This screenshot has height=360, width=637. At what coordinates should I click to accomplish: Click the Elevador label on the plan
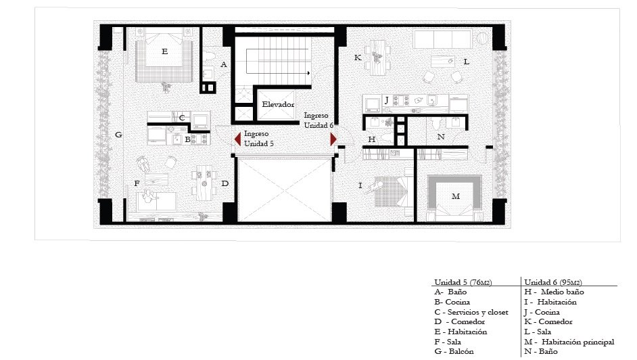[x=278, y=104]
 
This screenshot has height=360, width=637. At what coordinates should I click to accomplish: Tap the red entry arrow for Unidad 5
[x=237, y=139]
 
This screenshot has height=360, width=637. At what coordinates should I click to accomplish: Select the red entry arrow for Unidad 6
[x=333, y=139]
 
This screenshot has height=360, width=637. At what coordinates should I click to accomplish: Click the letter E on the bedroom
[x=164, y=51]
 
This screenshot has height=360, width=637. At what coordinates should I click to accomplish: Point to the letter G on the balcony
[x=118, y=135]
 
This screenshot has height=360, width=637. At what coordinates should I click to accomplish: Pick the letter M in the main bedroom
[x=455, y=196]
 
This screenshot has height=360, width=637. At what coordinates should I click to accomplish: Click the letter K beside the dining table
[x=358, y=58]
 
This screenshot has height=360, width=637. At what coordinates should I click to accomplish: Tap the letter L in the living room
[x=467, y=62]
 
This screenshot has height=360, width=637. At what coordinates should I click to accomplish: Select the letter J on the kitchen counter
[x=387, y=99]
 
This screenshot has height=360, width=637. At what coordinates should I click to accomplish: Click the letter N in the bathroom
[x=441, y=137]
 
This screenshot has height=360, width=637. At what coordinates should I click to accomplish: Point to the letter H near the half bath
[x=371, y=139]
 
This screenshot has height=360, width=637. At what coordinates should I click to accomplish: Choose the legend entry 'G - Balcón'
[x=454, y=351]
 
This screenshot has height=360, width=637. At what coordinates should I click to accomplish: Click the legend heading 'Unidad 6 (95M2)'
[x=553, y=282]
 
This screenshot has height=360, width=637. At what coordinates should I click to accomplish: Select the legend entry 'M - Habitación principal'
[x=569, y=342]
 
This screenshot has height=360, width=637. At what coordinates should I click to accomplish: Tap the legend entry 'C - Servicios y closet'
[x=471, y=312]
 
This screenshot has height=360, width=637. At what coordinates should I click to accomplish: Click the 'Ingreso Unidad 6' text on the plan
[x=318, y=120]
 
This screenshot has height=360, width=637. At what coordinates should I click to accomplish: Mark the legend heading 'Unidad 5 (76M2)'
[x=463, y=282]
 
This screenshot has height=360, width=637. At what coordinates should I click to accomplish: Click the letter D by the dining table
[x=225, y=183]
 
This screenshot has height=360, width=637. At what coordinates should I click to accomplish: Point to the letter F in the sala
[x=137, y=183]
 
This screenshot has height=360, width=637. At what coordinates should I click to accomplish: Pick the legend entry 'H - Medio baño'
[x=554, y=292]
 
